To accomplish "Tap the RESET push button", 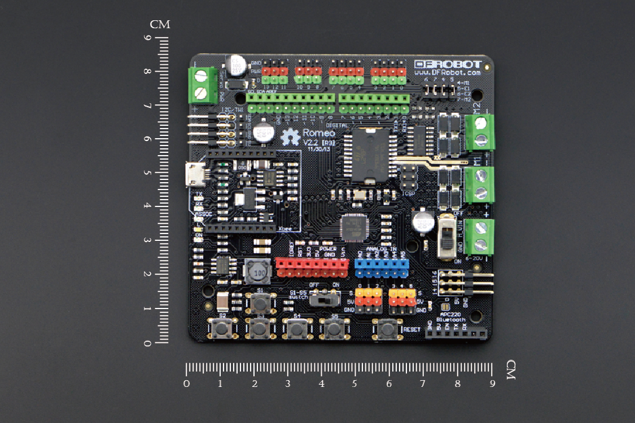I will [387, 328].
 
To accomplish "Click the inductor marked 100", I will [258, 272].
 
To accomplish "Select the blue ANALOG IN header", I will [381, 268].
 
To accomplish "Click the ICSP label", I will [409, 193].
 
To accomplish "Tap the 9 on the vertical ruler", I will [147, 38].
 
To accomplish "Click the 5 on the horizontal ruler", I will [354, 384].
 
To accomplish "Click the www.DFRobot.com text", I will [448, 73].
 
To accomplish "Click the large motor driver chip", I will [367, 155].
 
